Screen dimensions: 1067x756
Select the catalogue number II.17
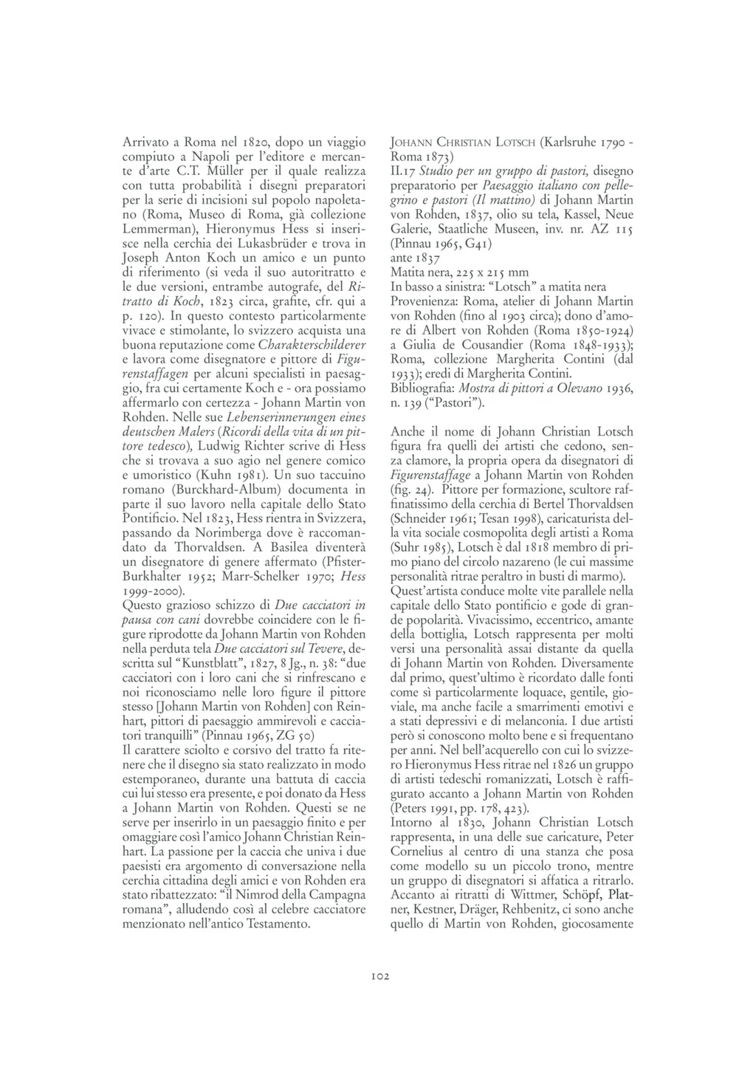click(402, 171)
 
